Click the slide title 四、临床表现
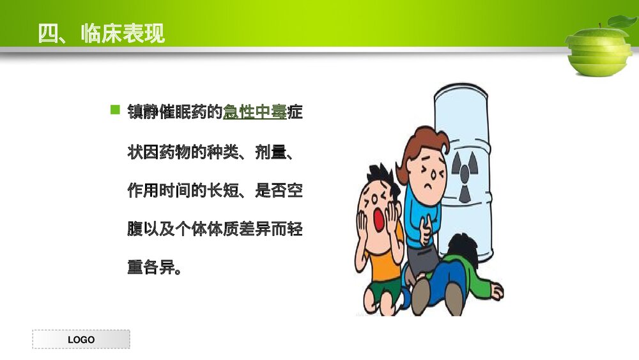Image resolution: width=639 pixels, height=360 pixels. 101,33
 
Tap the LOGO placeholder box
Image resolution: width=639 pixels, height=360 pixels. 81,340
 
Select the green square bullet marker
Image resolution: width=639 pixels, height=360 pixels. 115,110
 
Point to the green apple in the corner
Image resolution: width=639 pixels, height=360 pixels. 599,51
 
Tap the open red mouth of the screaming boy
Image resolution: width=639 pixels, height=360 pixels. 378,219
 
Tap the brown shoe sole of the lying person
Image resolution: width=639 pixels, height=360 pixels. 453,298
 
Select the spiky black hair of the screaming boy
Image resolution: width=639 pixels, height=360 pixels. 378,176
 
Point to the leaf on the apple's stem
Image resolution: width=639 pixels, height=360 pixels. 621,22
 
